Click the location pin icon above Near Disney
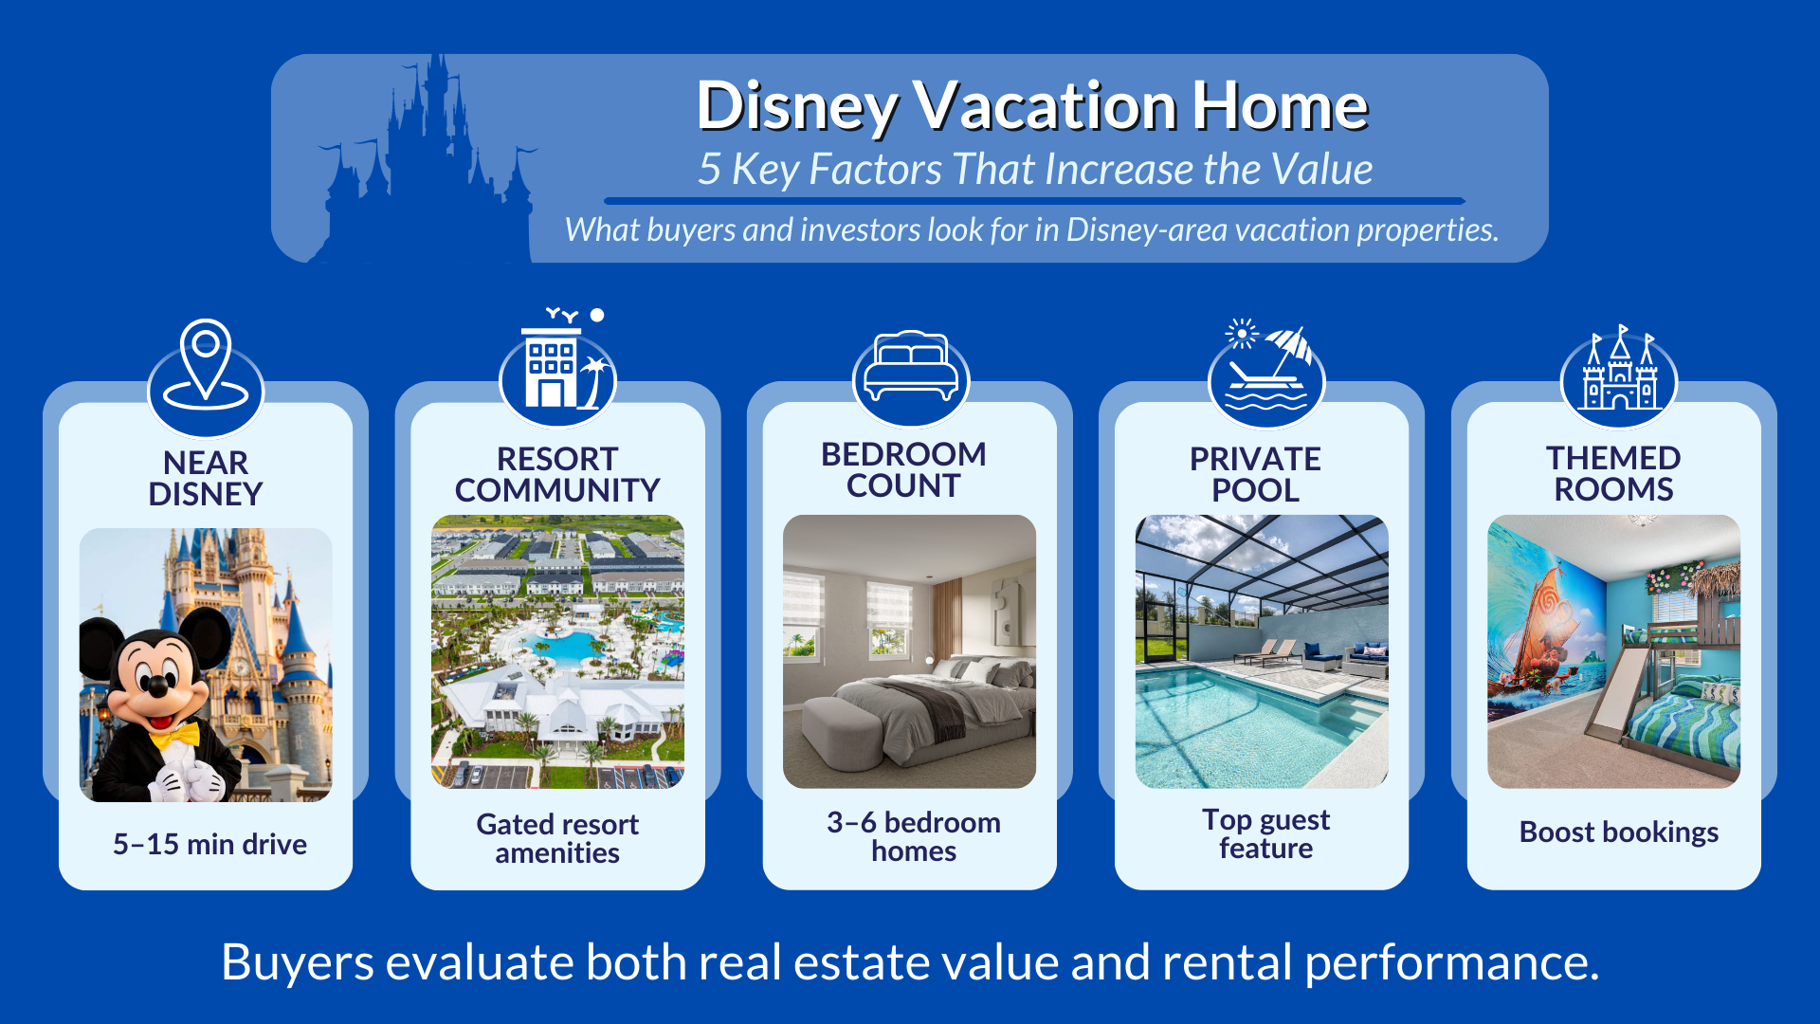(206, 365)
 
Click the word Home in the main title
(1280, 106)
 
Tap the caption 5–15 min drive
(209, 844)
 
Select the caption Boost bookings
(1618, 832)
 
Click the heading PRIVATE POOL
(1255, 474)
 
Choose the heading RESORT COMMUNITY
(557, 474)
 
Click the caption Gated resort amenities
(557, 838)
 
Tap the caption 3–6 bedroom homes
(913, 836)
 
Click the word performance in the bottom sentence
(1450, 962)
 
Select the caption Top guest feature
(1265, 833)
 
